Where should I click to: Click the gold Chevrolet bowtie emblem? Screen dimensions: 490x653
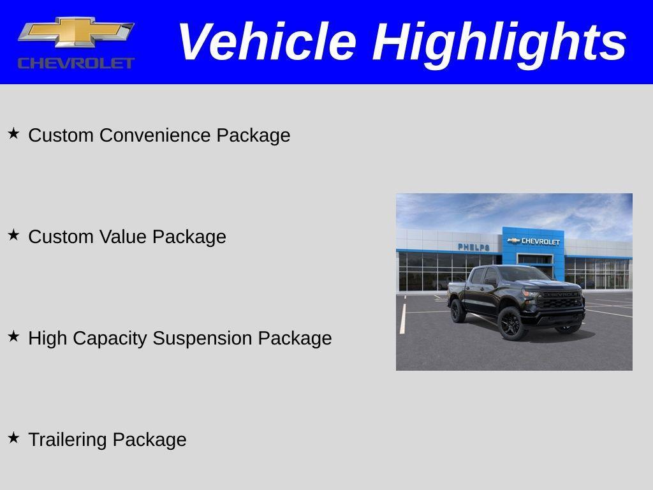(76, 33)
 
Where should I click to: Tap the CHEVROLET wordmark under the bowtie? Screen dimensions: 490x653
(76, 63)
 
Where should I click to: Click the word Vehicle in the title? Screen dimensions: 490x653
(266, 41)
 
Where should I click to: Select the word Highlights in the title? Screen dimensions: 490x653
(499, 41)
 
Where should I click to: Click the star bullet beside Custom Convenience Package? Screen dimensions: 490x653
(13, 133)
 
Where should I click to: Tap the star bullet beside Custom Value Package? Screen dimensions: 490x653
(13, 235)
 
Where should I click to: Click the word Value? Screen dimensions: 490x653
(124, 237)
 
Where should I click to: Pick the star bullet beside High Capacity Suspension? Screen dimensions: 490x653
(13, 336)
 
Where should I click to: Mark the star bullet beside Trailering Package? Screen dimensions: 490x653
(13, 438)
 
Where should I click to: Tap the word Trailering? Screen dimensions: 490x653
(68, 440)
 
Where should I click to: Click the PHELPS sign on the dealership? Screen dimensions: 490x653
(473, 247)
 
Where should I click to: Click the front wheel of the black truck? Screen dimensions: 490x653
(511, 323)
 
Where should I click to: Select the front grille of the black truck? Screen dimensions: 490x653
(559, 301)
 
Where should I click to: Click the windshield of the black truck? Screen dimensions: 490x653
(518, 275)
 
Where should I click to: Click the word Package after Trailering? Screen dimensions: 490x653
(149, 440)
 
